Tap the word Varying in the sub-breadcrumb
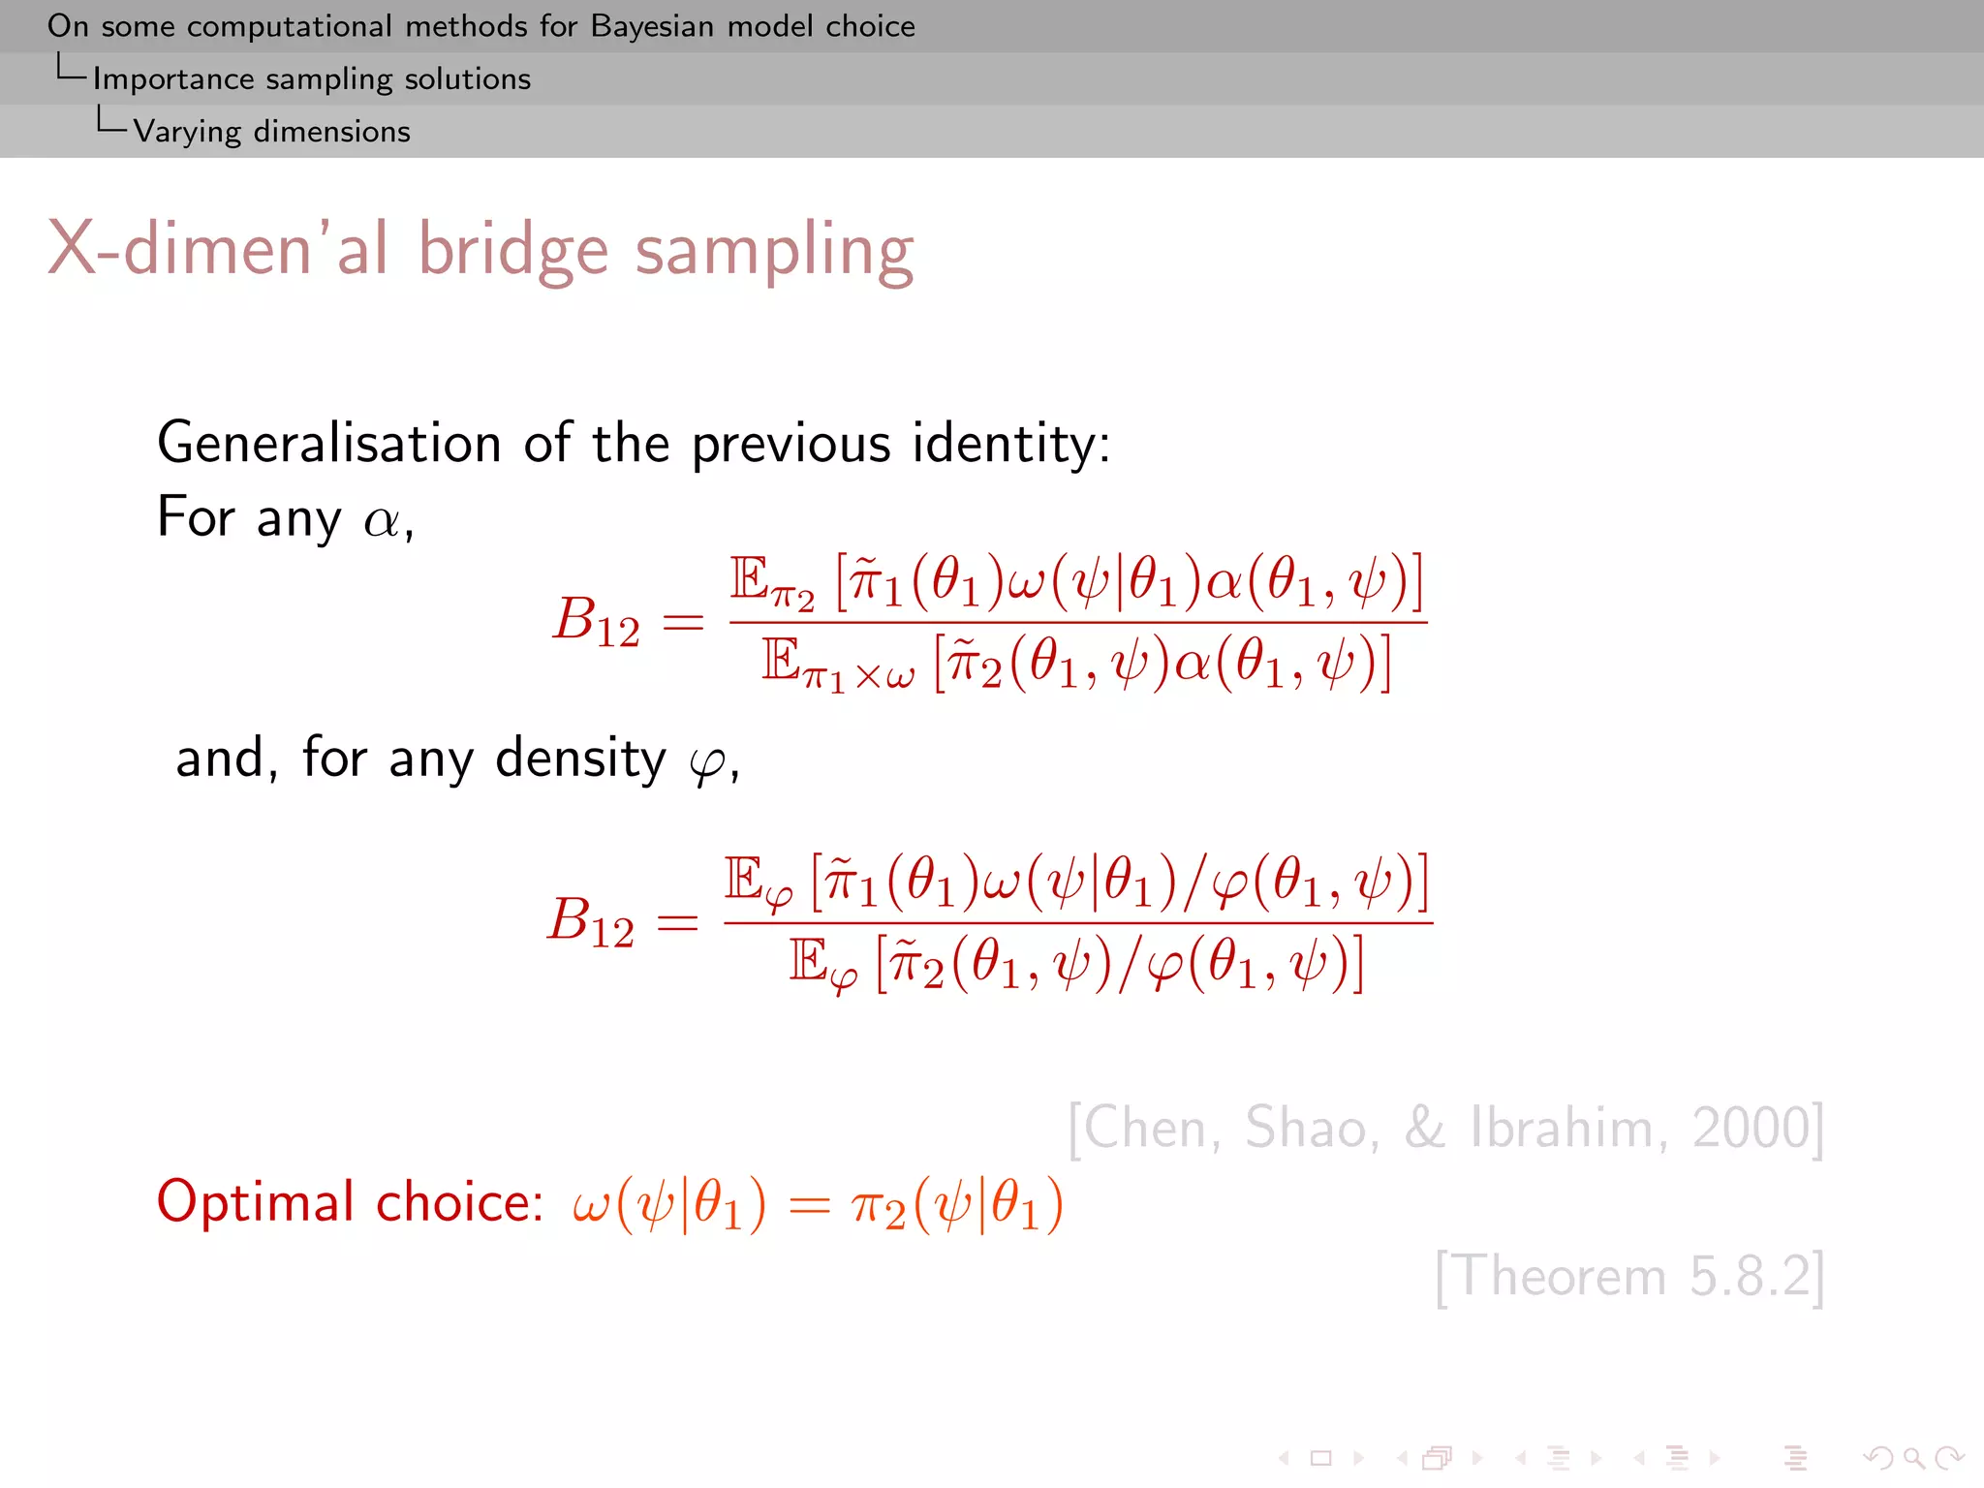187,132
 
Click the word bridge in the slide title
512,250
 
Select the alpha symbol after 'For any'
381,522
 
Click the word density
580,758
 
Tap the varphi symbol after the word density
707,763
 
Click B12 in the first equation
596,620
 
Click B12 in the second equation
591,920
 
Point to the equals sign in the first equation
682,622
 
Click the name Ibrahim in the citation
1567,1128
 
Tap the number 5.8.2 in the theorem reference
1750,1276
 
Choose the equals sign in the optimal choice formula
809,1206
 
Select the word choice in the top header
870,26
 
